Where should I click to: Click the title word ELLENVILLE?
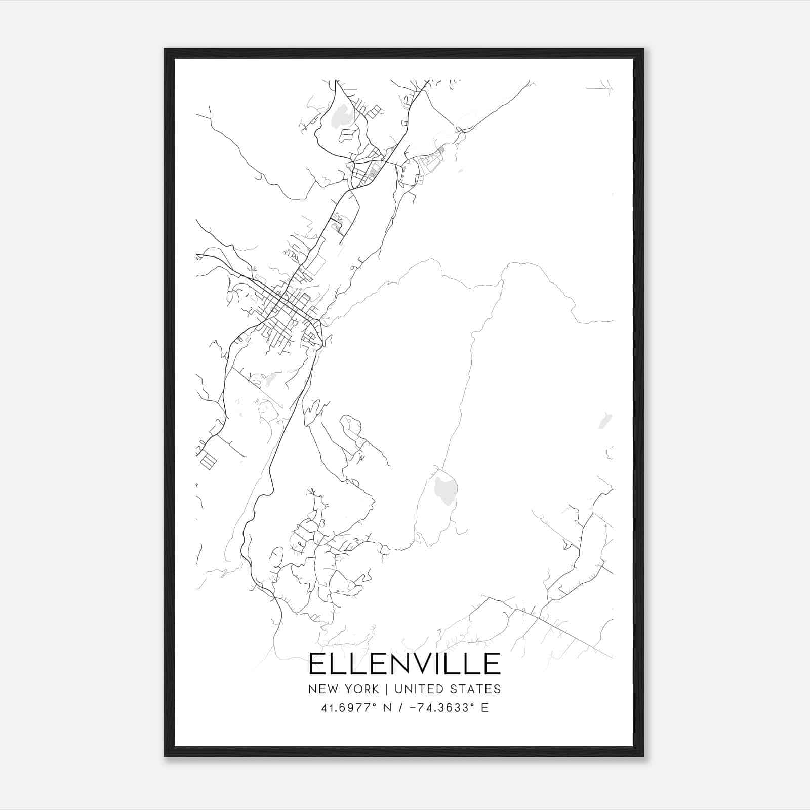[x=404, y=664]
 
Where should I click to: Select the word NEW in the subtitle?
[x=320, y=689]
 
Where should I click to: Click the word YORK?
[x=360, y=689]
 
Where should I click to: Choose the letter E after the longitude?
[x=484, y=707]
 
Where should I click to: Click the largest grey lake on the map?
[x=445, y=489]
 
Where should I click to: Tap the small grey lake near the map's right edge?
[x=603, y=420]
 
